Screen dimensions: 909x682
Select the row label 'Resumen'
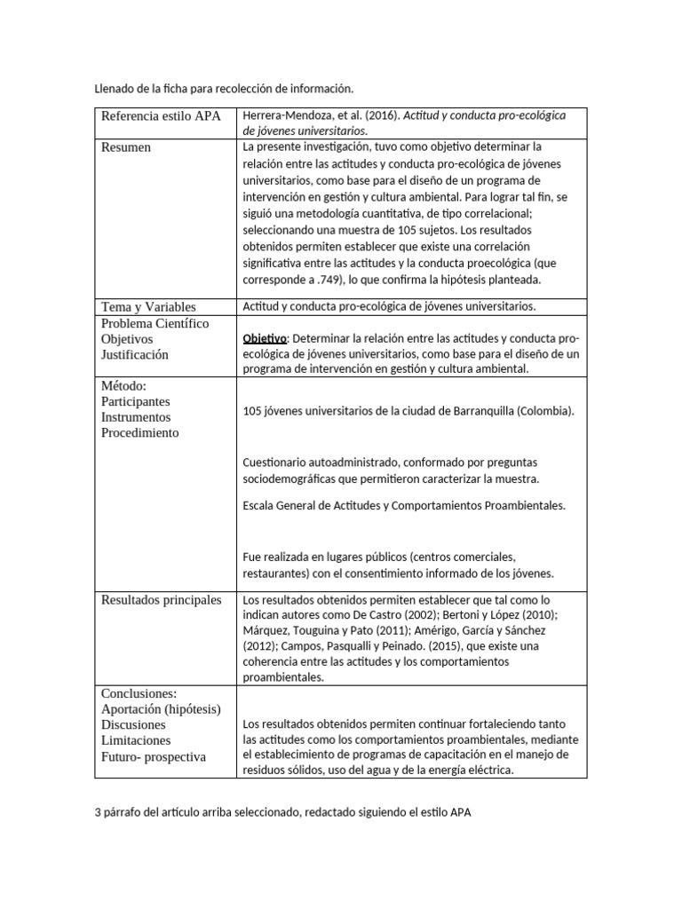(x=126, y=147)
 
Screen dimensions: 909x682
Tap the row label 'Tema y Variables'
(x=148, y=306)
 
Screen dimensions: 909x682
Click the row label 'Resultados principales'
(x=161, y=600)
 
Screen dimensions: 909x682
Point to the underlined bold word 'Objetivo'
(x=265, y=338)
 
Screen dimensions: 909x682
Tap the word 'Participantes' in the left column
(x=136, y=401)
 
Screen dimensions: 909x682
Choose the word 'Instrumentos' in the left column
(x=136, y=417)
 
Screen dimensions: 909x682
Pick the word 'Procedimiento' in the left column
(x=139, y=433)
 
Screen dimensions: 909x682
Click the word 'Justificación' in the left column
(x=134, y=354)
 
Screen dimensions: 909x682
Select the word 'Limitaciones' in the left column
(x=136, y=740)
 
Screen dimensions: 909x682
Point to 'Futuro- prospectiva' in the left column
(x=153, y=756)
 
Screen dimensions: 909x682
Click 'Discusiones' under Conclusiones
(x=133, y=724)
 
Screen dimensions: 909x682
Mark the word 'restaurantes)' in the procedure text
(x=277, y=573)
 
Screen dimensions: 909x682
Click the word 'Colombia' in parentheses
(x=544, y=411)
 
